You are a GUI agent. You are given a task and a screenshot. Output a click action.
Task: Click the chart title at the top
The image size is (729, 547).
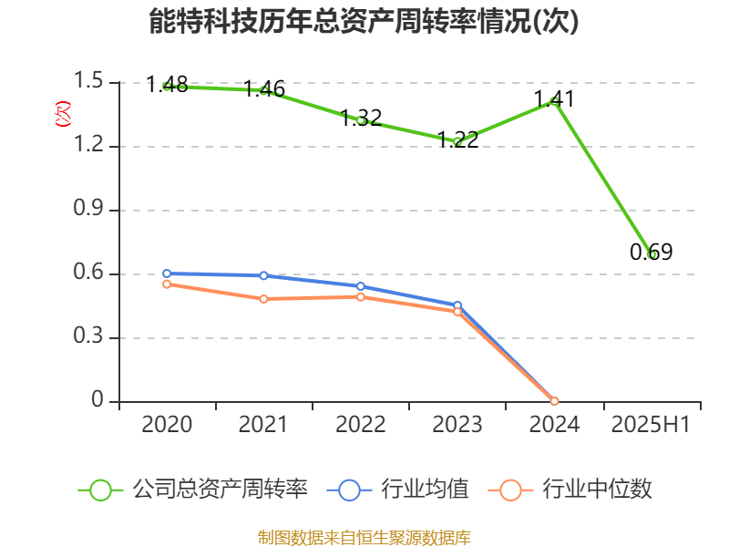(364, 21)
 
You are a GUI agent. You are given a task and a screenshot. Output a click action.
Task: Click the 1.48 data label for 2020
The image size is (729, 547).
(167, 85)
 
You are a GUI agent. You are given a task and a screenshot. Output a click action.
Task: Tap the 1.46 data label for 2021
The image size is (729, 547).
(264, 89)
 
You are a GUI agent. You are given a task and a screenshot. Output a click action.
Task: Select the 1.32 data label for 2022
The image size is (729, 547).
(361, 119)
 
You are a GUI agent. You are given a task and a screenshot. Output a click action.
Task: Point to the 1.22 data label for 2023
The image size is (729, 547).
(457, 139)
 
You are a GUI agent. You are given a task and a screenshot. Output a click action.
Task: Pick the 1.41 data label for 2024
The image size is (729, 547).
(554, 98)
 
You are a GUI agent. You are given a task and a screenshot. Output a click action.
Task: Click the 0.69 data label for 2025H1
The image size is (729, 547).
(651, 253)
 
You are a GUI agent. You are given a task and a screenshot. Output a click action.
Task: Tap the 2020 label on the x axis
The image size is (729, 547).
(167, 425)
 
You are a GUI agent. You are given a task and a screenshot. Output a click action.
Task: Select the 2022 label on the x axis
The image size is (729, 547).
(361, 425)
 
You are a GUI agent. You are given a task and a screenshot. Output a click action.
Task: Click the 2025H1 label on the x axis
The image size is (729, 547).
(651, 425)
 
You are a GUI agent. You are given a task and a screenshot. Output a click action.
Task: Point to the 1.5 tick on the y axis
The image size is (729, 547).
(90, 83)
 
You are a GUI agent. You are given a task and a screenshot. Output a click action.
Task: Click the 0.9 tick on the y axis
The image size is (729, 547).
(90, 211)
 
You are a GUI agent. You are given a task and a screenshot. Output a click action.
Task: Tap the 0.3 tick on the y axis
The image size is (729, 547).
(90, 338)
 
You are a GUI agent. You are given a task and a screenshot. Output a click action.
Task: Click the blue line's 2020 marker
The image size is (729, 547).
(167, 273)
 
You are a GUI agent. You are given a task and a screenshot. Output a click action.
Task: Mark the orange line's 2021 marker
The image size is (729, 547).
(264, 299)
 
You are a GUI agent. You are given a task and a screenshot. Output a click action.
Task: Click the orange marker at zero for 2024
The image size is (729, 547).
(554, 401)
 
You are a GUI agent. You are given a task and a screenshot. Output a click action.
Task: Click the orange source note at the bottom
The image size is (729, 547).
(364, 537)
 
